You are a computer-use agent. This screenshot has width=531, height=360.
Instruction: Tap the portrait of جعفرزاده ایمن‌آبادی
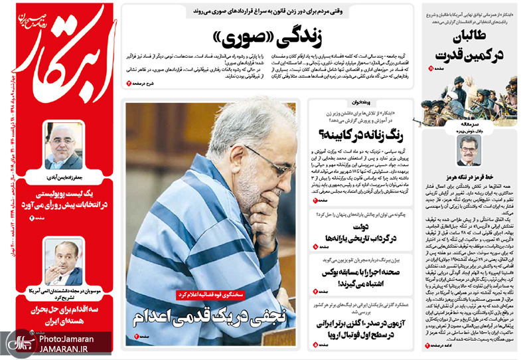point(64,145)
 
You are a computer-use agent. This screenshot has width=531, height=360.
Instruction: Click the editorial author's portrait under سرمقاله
point(469,151)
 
